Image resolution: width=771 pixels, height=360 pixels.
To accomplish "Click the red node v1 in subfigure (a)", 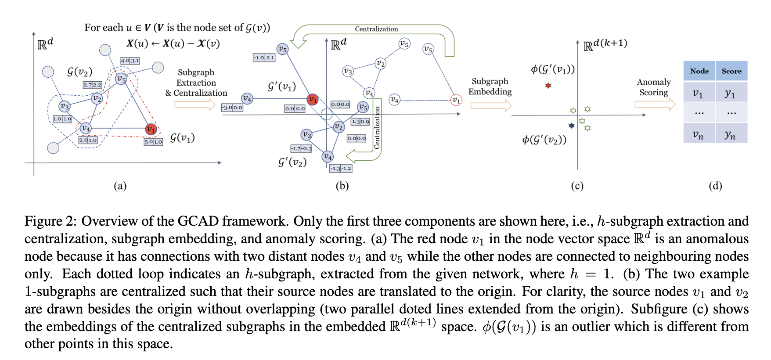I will (x=151, y=129).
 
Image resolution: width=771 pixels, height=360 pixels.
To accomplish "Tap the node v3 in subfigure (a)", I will (x=65, y=106).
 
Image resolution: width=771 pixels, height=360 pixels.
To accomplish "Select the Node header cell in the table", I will (x=699, y=71).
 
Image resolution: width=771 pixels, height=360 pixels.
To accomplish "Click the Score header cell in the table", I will (x=731, y=71).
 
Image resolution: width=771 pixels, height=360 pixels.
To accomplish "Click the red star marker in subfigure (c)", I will (x=548, y=86).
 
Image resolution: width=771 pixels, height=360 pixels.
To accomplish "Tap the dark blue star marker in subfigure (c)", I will (x=571, y=126).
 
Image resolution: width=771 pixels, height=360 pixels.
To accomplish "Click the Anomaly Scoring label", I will (x=653, y=87).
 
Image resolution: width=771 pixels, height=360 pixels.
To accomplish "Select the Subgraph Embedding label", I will (x=490, y=86).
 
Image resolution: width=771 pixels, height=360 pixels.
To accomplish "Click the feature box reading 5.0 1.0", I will (x=153, y=142).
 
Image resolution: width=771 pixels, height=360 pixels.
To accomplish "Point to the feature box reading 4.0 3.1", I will (x=130, y=61).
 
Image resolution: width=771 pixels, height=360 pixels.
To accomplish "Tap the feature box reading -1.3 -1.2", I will (x=341, y=168).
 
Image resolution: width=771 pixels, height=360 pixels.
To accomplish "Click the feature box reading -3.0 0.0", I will (x=232, y=108).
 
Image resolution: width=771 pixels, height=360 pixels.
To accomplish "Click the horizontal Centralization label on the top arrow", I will (x=376, y=29).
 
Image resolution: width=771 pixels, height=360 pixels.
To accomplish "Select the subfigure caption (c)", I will (x=577, y=186).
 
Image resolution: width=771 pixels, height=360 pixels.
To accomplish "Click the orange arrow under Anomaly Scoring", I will (x=655, y=104).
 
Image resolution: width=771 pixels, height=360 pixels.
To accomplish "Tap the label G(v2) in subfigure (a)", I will (x=79, y=72).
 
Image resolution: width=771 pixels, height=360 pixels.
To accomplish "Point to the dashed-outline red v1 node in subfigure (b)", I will (x=457, y=100).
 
